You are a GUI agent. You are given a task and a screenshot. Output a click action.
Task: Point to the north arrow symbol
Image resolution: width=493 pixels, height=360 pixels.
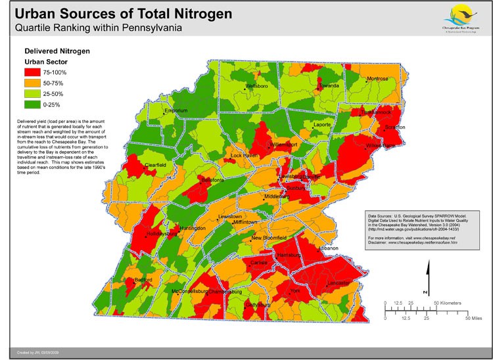(427, 276)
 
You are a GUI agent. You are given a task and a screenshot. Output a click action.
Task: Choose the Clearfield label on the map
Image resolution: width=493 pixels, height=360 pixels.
(155, 164)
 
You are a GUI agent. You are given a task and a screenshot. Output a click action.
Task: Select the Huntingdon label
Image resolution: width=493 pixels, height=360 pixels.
(192, 228)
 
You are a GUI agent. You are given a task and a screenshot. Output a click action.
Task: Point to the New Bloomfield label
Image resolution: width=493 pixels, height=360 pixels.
(270, 237)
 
